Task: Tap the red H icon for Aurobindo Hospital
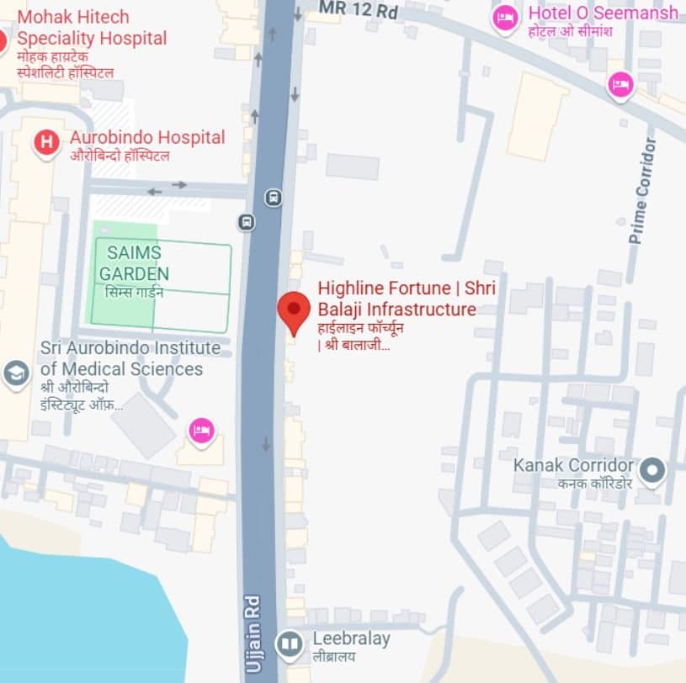[x=46, y=142]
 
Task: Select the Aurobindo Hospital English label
[x=147, y=137]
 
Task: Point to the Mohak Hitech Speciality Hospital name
[x=92, y=27]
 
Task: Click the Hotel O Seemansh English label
[x=603, y=13]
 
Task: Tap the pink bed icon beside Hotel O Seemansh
[x=505, y=18]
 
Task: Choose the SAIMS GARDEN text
[x=134, y=262]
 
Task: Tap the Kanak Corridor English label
[x=573, y=465]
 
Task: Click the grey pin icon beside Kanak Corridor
[x=651, y=471]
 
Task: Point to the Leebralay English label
[x=351, y=638]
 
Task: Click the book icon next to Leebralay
[x=290, y=644]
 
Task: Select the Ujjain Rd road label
[x=253, y=633]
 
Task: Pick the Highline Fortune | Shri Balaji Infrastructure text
[x=407, y=299]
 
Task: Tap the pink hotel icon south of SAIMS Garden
[x=201, y=432]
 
